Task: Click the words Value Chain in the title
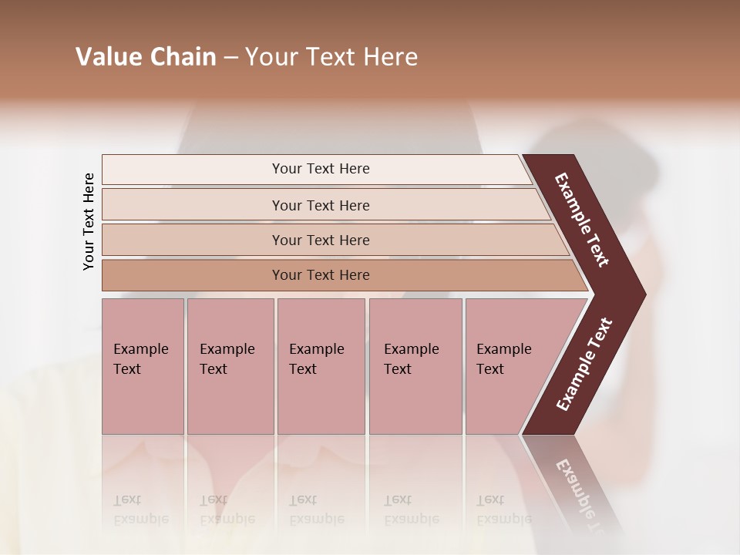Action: tap(146, 57)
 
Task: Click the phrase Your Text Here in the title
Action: tap(331, 57)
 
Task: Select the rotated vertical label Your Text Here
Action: tap(89, 221)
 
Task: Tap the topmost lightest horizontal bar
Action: tap(321, 169)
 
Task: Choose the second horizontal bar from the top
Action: tap(321, 205)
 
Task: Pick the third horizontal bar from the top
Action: tap(321, 240)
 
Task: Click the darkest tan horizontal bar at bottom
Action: tap(321, 275)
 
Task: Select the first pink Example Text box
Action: tap(143, 366)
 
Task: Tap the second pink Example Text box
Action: tap(230, 366)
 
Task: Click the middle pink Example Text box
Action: tap(321, 366)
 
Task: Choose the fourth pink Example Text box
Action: tap(415, 366)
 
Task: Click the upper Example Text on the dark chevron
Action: tap(583, 220)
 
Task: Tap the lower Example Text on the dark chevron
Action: tap(584, 364)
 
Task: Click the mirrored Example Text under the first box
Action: tap(140, 510)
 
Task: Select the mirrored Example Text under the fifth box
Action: tap(503, 510)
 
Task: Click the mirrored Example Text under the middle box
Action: tap(316, 510)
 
